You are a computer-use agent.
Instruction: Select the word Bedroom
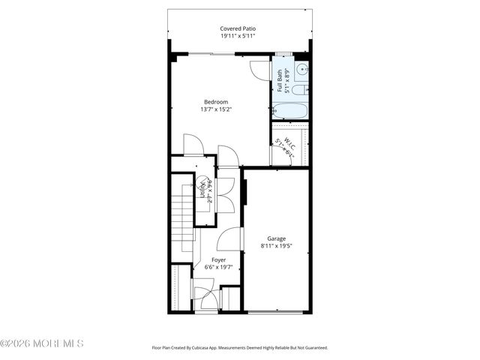(216, 102)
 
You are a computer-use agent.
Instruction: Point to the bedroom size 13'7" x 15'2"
(216, 109)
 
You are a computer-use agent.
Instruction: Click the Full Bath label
(280, 76)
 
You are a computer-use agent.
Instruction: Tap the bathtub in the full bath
(289, 110)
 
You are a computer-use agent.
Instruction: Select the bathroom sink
(301, 71)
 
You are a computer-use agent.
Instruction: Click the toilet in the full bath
(298, 91)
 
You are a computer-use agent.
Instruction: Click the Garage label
(277, 238)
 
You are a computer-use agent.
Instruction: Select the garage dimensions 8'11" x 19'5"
(277, 246)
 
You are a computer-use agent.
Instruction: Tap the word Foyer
(218, 259)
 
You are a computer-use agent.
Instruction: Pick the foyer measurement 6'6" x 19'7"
(218, 267)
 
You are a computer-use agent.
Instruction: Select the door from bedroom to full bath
(259, 69)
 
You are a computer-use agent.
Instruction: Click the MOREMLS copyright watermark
(42, 343)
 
